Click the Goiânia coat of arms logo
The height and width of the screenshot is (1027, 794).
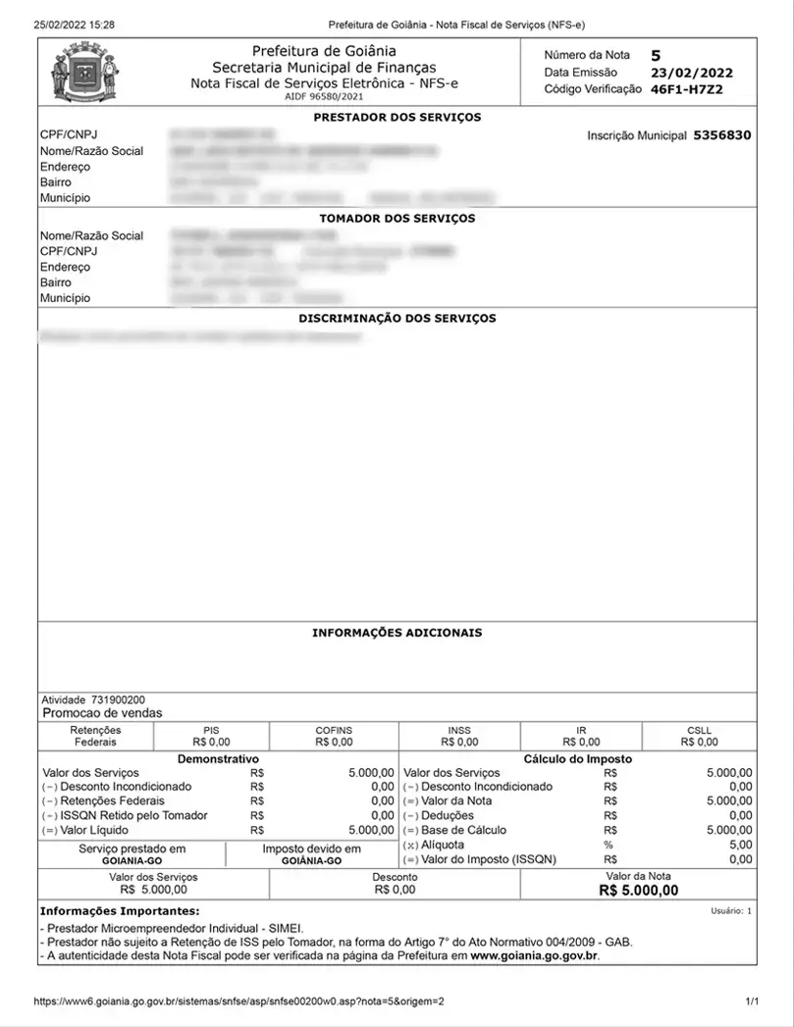(x=84, y=74)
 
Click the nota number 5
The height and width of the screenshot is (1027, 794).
(x=656, y=55)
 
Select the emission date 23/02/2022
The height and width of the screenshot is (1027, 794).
(x=691, y=73)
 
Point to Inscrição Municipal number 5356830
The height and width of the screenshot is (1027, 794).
(x=722, y=135)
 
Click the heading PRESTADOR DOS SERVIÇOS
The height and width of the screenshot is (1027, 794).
(x=397, y=118)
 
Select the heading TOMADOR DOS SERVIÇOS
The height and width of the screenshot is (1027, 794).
(x=397, y=219)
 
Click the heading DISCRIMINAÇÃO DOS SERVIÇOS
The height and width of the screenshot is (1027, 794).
(x=397, y=319)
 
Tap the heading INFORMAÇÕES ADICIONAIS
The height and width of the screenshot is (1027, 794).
(x=397, y=634)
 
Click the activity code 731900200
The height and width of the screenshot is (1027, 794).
(x=119, y=700)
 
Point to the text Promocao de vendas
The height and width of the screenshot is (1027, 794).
(x=102, y=713)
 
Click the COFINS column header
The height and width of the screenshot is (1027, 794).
(x=334, y=731)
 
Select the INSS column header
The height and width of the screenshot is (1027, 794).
(x=459, y=731)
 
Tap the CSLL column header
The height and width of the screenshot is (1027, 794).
(x=700, y=731)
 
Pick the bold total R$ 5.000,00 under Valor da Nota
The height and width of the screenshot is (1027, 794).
(x=638, y=891)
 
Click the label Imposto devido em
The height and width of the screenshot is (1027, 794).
(x=311, y=849)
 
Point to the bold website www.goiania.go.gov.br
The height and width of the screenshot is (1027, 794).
(x=535, y=954)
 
